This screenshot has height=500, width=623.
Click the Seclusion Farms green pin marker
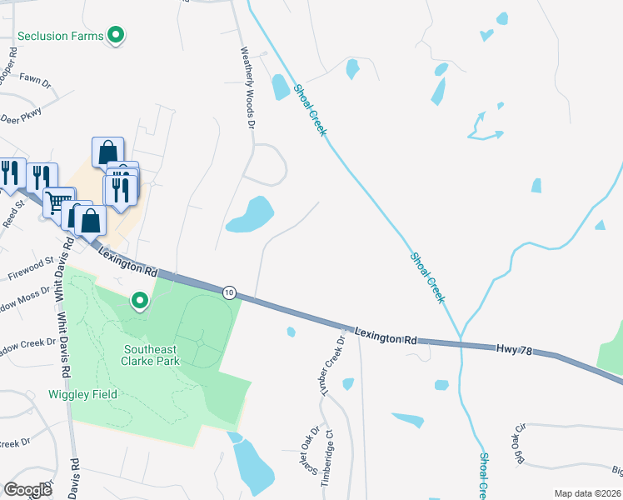117,36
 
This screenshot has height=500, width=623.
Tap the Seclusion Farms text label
63,37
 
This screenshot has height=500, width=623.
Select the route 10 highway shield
229,292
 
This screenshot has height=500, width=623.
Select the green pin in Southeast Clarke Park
140,299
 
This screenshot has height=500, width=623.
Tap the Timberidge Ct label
330,457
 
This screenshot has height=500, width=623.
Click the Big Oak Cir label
521,443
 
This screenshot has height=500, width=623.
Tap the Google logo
27,489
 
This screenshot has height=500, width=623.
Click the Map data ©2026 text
586,493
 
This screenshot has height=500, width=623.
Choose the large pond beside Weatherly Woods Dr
250,215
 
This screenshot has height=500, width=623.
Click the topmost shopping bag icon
107,152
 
